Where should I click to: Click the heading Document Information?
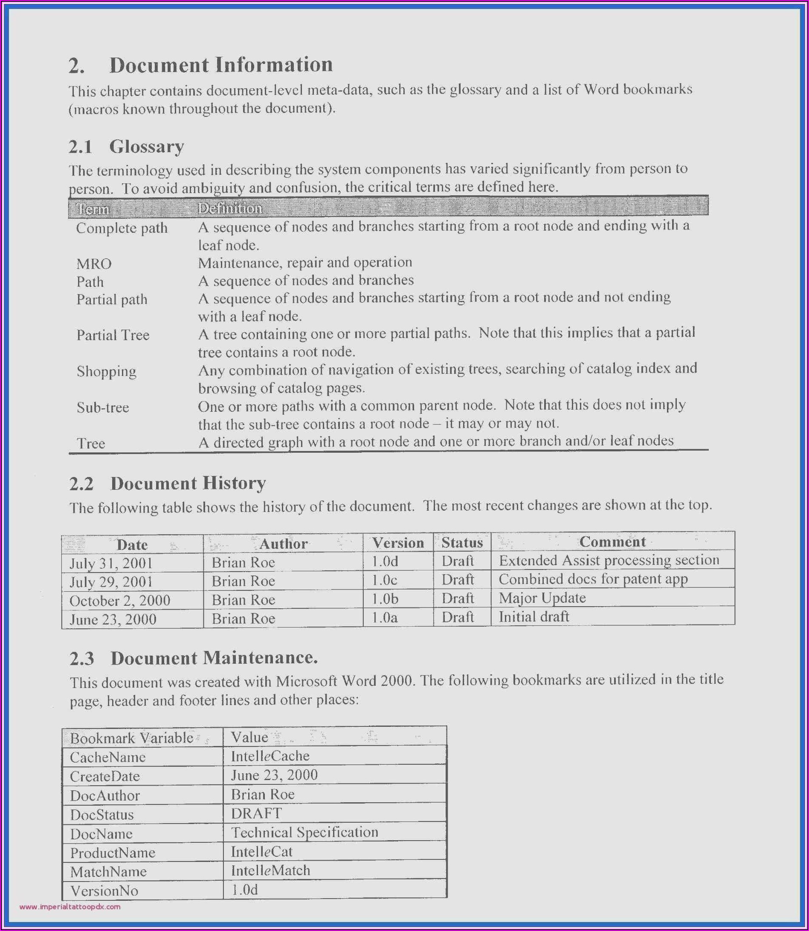click(x=221, y=65)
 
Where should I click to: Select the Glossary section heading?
click(x=146, y=147)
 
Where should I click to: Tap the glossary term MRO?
click(x=94, y=263)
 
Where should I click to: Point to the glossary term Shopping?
click(x=106, y=371)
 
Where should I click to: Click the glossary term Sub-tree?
click(x=103, y=408)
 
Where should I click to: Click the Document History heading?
click(x=188, y=483)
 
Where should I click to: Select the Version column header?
click(x=398, y=543)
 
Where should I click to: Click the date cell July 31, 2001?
click(x=111, y=563)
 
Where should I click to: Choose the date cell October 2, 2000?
click(x=120, y=601)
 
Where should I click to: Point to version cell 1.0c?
click(x=384, y=580)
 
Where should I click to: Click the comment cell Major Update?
click(x=542, y=598)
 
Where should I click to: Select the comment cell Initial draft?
click(x=534, y=617)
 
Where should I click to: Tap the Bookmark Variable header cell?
click(x=132, y=738)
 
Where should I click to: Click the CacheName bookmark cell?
click(x=107, y=757)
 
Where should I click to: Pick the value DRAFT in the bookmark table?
click(x=256, y=813)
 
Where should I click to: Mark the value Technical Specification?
click(x=304, y=832)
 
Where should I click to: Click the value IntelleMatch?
click(x=270, y=870)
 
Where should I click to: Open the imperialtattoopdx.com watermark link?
click(x=70, y=907)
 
